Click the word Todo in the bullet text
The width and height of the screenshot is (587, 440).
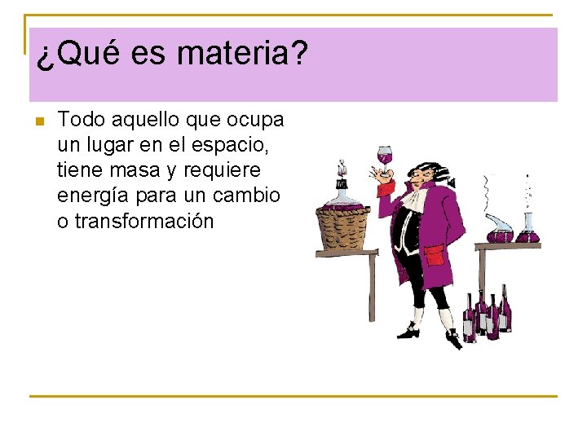(83, 121)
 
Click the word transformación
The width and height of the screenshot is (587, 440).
(143, 221)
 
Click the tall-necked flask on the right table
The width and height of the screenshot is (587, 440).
(527, 220)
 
